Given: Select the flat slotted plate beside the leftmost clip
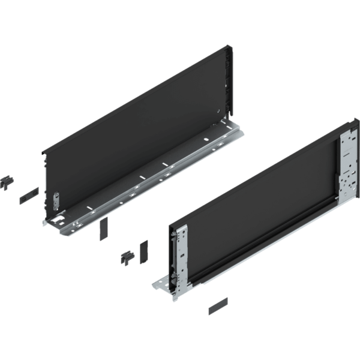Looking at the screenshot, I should pyautogui.click(x=28, y=195).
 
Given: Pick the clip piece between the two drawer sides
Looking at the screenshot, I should pyautogui.click(x=128, y=257).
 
